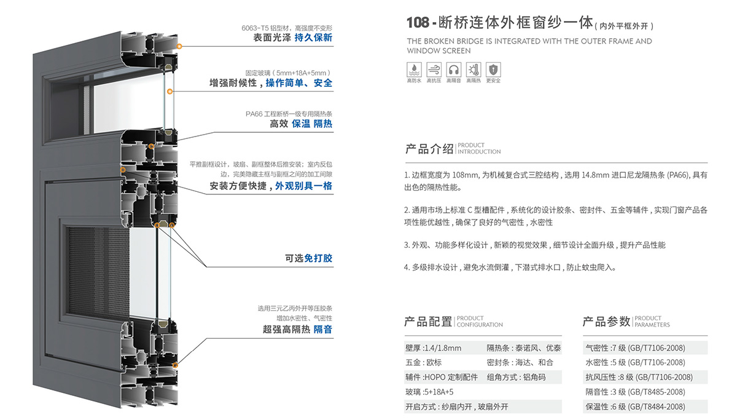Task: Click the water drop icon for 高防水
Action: (414, 69)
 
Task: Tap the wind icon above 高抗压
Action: (434, 69)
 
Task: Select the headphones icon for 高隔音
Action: (453, 69)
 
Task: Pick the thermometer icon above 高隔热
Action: (473, 69)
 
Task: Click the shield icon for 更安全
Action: (493, 69)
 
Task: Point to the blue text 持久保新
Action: (313, 38)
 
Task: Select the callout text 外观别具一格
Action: (303, 186)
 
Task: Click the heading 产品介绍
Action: (429, 149)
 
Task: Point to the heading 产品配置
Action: (428, 322)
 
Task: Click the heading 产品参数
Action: (606, 322)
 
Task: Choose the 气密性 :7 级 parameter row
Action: (635, 348)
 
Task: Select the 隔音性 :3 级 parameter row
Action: (635, 392)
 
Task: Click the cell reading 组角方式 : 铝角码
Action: (516, 378)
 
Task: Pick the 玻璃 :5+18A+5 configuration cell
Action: (429, 392)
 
